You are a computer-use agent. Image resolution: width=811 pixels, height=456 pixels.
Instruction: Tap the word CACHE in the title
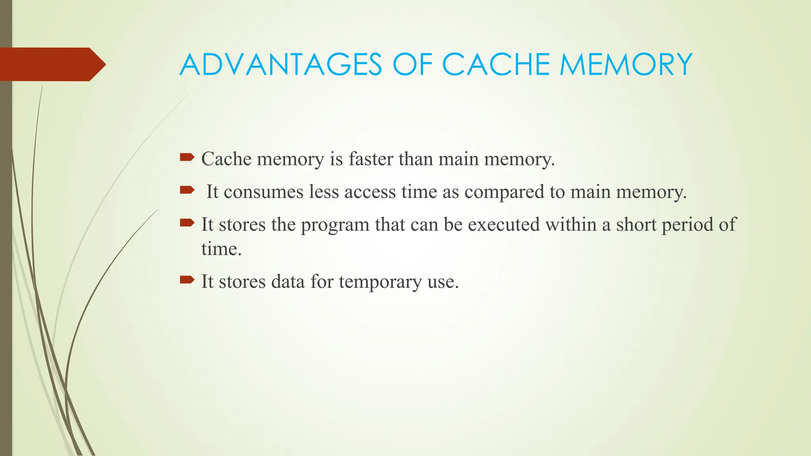click(x=495, y=65)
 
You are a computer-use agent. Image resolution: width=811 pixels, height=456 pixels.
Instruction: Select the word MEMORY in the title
click(x=626, y=65)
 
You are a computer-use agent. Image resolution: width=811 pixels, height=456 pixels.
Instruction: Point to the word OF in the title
click(x=411, y=65)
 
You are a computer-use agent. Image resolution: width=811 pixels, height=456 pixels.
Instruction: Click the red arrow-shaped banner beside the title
click(x=51, y=64)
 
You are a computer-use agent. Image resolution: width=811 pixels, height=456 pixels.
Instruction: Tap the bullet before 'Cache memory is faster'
click(x=187, y=158)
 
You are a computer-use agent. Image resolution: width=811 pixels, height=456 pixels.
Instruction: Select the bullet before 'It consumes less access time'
click(x=187, y=190)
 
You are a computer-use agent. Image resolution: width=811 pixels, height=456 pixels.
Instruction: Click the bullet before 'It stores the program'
click(x=187, y=223)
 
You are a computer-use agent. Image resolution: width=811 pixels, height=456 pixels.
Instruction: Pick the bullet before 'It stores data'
click(x=187, y=280)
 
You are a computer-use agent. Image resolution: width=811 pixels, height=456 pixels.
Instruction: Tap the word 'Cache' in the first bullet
click(x=226, y=159)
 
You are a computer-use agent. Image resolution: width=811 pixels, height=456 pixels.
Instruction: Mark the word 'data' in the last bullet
click(x=288, y=282)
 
